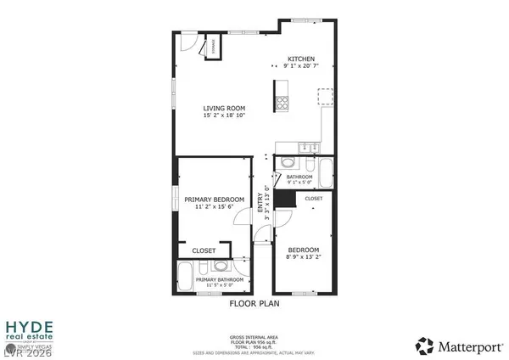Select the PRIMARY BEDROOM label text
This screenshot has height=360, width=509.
pos(215,199)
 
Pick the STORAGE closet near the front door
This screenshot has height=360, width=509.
pos(212,48)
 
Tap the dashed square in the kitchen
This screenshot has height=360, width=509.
pos(324,95)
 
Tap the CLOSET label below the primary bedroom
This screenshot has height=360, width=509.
pos(204,251)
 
